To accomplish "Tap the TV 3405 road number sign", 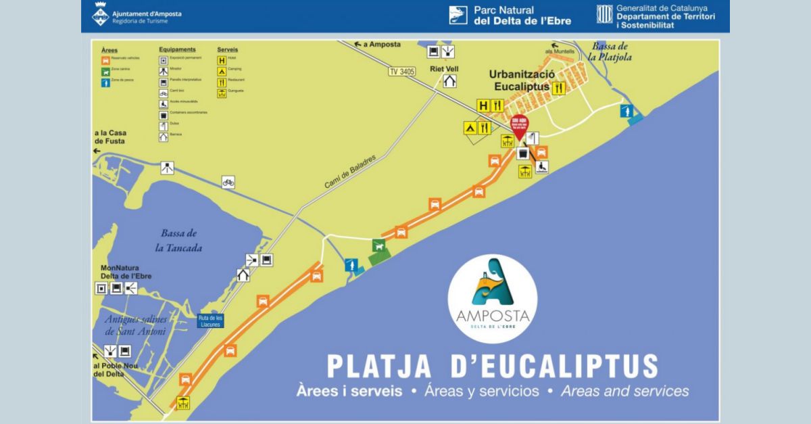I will coord(402,71).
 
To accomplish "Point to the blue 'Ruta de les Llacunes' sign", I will coord(210,321).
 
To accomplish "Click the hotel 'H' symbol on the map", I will coord(483,105).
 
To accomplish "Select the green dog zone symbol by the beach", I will coord(379,247).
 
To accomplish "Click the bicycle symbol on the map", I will coord(228,182).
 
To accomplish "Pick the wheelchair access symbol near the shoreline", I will coord(542,167).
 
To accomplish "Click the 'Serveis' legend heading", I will coord(227,49).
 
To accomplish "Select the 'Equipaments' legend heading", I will coord(177,49).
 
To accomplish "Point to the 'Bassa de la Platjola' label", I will coord(609,51).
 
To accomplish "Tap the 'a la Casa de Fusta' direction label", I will coord(110,137).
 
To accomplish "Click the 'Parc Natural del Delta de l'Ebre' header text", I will coord(522,16).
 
